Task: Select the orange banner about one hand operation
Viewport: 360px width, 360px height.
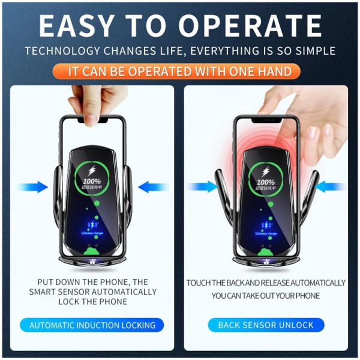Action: click(180, 71)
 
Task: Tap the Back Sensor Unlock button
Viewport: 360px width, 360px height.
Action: click(266, 325)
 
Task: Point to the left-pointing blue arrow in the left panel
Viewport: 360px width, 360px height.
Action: click(152, 187)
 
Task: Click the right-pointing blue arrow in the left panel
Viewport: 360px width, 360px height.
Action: click(34, 187)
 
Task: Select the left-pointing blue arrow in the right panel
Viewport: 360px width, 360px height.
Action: click(329, 187)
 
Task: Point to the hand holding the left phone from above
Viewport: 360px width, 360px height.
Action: click(93, 99)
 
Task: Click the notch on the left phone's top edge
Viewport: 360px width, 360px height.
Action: click(92, 121)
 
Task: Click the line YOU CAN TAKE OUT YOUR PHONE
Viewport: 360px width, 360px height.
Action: click(266, 296)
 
